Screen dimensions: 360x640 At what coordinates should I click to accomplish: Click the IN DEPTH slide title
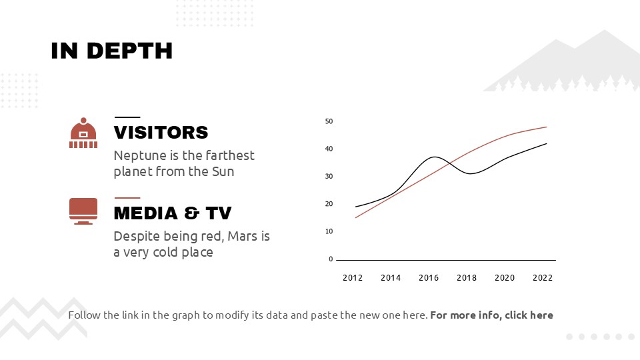[x=111, y=51]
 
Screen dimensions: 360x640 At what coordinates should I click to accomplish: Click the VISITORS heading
[x=161, y=132]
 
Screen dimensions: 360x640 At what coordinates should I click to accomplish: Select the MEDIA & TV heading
[x=173, y=213]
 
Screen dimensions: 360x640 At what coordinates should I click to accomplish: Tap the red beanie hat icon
[x=83, y=133]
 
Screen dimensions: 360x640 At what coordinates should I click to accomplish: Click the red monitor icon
[x=83, y=211]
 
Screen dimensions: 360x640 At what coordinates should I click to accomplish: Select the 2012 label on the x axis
[x=353, y=278]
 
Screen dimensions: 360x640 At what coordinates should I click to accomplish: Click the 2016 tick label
[x=429, y=278]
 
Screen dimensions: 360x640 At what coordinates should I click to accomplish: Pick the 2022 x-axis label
[x=543, y=278]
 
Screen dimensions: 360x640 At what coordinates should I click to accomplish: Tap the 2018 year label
[x=467, y=278]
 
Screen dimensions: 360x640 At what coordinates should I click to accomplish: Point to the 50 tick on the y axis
[x=329, y=121]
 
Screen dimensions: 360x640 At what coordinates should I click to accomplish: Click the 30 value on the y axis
[x=329, y=177]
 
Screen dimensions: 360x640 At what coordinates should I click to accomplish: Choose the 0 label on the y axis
[x=331, y=259]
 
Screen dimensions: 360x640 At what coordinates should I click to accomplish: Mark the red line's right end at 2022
[x=546, y=127]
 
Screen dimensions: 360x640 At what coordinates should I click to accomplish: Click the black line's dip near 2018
[x=470, y=173]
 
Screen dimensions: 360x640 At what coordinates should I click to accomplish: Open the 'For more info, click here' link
[x=491, y=315]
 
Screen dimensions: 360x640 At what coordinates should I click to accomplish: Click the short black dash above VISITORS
[x=127, y=117]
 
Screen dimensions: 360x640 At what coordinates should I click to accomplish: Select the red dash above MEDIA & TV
[x=127, y=197]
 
